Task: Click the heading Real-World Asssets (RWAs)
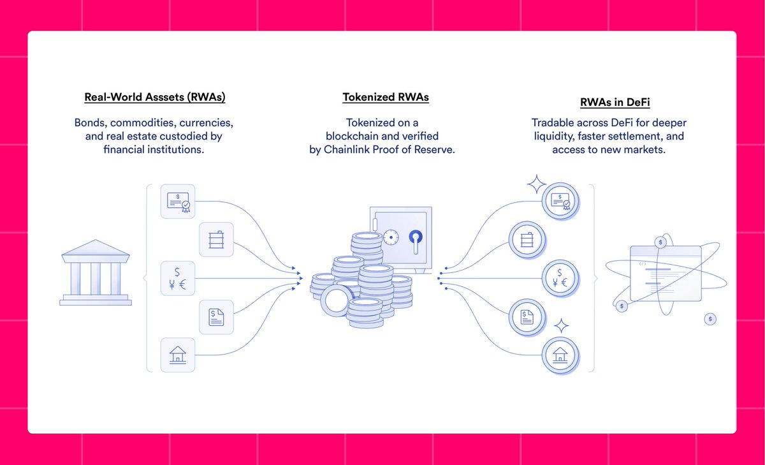pyautogui.click(x=155, y=98)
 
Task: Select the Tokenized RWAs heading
pyautogui.click(x=386, y=98)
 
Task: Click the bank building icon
pyautogui.click(x=96, y=272)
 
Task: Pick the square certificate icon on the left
pyautogui.click(x=178, y=202)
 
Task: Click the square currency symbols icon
pyautogui.click(x=178, y=278)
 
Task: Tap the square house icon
pyautogui.click(x=178, y=355)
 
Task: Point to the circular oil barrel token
pyautogui.click(x=527, y=240)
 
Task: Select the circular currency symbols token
pyautogui.click(x=560, y=278)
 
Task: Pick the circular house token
pyautogui.click(x=560, y=355)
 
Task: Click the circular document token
pyautogui.click(x=527, y=316)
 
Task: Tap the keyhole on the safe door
pyautogui.click(x=415, y=239)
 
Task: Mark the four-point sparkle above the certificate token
pyautogui.click(x=536, y=185)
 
